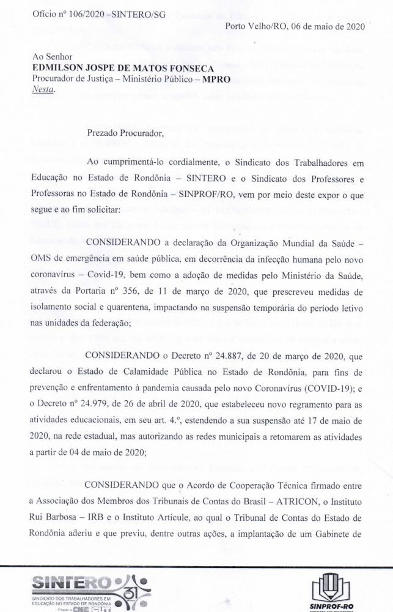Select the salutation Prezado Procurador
125,133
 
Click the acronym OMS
42,254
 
